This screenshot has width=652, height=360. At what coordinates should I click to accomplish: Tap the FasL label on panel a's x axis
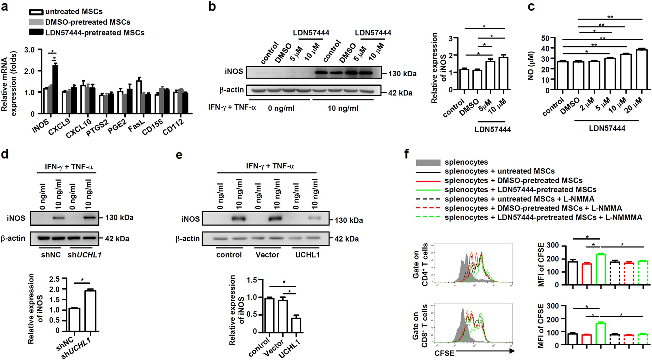tap(136, 126)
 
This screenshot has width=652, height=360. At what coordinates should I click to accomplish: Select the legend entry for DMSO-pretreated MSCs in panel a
tap(87, 22)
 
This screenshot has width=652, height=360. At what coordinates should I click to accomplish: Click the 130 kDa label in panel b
tap(402, 74)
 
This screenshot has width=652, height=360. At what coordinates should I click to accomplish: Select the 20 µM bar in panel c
tap(642, 69)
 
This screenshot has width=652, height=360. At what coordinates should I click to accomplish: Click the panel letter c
tap(531, 7)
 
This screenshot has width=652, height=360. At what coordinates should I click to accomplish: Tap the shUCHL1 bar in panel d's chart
tap(90, 311)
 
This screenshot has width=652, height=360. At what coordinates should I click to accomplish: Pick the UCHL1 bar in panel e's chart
tap(296, 325)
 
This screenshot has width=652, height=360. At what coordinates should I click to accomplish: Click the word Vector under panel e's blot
tap(267, 255)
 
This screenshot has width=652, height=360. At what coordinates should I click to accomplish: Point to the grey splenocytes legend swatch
tap(428, 162)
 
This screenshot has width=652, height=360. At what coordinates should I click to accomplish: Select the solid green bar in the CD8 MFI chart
tap(600, 333)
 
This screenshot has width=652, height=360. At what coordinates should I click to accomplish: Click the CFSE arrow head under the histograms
tap(512, 351)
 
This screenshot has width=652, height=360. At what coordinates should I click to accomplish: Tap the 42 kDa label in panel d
tap(117, 239)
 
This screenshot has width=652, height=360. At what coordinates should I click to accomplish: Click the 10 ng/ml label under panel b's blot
tap(343, 108)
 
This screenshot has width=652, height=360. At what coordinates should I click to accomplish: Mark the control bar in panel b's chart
tap(464, 79)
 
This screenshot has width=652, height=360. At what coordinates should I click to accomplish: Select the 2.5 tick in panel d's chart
tap(54, 279)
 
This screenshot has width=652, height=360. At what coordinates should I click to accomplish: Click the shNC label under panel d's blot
tap(51, 255)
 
